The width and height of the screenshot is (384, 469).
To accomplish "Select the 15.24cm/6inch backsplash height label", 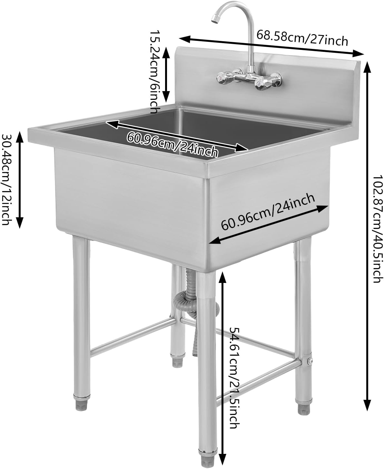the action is pos(154,71).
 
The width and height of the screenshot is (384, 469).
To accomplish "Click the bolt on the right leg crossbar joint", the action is pos(310,362).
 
